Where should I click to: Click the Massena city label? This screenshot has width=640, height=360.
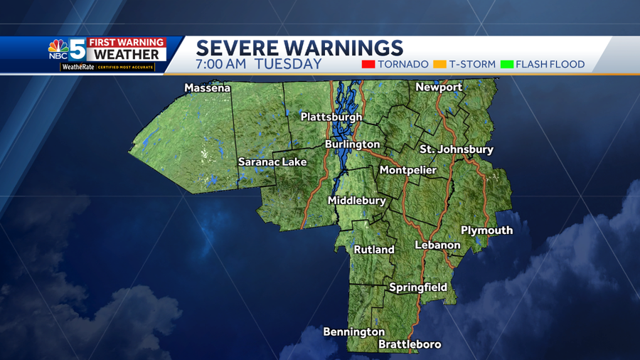tap(207, 88)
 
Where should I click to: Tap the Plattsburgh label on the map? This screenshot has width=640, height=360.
tap(331, 117)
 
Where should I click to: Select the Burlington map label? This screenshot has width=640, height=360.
tap(352, 144)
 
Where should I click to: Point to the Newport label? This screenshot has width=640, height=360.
tap(439, 87)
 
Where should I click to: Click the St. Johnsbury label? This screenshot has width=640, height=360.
tap(457, 149)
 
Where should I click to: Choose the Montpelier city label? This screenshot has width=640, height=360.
tap(408, 170)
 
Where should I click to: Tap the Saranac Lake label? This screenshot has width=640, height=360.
tap(272, 162)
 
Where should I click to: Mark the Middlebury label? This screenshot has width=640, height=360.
tap(356, 201)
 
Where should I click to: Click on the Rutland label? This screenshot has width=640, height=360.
tap(374, 250)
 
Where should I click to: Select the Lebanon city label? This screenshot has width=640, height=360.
tap(437, 245)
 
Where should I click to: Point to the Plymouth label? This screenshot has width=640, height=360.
tap(486, 230)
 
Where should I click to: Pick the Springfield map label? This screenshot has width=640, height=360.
tap(418, 287)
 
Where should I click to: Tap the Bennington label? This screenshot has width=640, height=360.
tap(353, 332)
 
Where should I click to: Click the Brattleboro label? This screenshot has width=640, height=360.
tap(410, 344)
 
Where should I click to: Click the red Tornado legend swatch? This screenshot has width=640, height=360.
tap(368, 65)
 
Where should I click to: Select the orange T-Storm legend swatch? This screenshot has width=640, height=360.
tap(439, 65)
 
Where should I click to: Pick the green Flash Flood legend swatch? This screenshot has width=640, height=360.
tap(506, 65)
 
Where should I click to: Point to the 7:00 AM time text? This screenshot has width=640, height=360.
tap(222, 64)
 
